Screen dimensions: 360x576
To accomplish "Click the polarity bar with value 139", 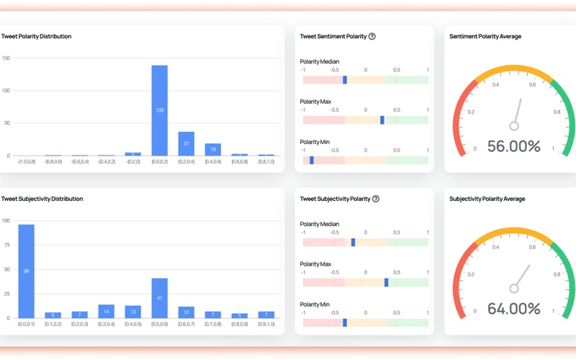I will [x=159, y=110].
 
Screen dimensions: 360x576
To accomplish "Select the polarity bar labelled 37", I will [x=186, y=143].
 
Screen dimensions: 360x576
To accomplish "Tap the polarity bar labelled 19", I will [x=212, y=149].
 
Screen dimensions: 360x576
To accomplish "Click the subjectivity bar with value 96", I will [x=27, y=271].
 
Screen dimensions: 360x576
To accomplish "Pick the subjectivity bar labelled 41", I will [x=159, y=297].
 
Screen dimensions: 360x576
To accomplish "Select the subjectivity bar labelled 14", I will [x=106, y=311].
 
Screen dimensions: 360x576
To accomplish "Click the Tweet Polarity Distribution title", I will [x=36, y=36].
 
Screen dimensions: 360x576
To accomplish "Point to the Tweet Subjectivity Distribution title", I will [x=42, y=199].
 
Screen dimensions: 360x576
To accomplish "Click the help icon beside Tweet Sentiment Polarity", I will [x=372, y=36].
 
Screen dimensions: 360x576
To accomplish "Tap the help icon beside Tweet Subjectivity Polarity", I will [x=375, y=199].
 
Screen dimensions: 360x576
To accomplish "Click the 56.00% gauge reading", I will [x=513, y=147].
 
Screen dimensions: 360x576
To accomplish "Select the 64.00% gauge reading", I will [x=513, y=309].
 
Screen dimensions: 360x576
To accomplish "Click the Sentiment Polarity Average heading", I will [x=485, y=36].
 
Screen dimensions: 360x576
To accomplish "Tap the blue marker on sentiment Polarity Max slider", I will [x=382, y=120].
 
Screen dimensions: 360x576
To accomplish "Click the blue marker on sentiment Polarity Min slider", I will [x=312, y=160].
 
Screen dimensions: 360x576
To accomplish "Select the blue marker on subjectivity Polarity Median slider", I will [x=353, y=243].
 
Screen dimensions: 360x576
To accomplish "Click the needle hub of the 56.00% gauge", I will [x=514, y=125].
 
